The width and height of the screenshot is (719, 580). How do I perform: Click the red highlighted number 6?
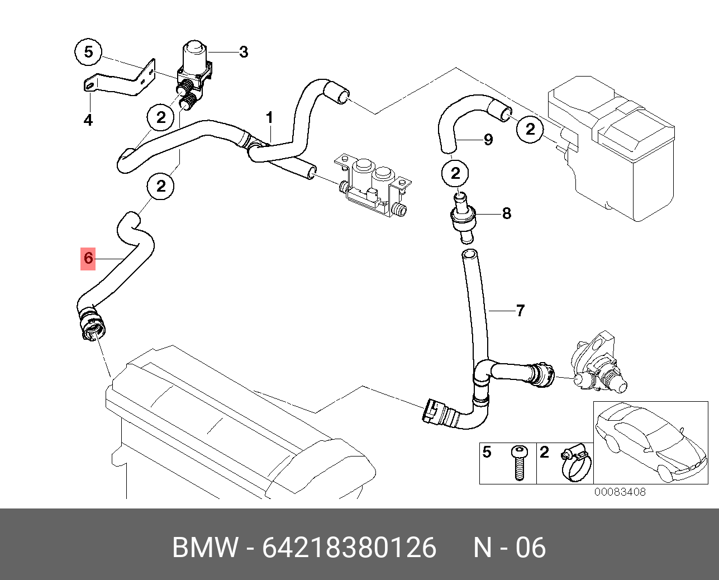coord(88,258)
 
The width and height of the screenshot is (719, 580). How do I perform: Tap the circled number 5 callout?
coord(88,53)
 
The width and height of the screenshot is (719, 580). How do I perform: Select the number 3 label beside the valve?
coord(243,53)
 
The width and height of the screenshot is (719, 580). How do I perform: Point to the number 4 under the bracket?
coord(88,120)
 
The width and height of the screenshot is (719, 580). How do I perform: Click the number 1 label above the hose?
coord(270,118)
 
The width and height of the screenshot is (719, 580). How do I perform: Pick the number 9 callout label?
coord(488,139)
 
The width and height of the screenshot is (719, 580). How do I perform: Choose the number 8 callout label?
coord(506,213)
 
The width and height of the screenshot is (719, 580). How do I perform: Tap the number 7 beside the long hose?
coord(520,310)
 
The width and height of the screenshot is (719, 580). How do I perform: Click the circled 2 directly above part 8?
coord(456,173)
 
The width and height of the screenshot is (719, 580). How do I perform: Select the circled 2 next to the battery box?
coord(530,130)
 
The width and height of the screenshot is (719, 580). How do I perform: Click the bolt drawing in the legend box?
coord(519,463)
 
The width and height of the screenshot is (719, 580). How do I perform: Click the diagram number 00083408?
coord(620,492)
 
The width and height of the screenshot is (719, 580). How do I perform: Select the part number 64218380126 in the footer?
coord(349,548)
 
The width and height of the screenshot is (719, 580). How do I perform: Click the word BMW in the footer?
coord(204,548)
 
